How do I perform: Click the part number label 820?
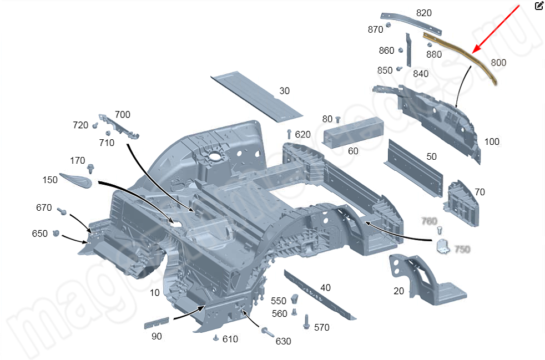(x=423, y=13)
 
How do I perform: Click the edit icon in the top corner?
(x=539, y=6)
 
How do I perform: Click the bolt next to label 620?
(x=289, y=134)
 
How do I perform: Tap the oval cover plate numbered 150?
(x=76, y=180)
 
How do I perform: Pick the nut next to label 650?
(x=56, y=234)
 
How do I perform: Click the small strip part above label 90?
(x=157, y=323)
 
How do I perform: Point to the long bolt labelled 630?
(x=266, y=332)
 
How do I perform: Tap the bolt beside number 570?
(x=306, y=321)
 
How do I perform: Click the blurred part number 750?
(x=462, y=249)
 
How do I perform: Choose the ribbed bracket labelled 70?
(x=460, y=203)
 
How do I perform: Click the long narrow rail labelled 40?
(x=319, y=293)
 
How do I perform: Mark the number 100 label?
(x=492, y=141)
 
